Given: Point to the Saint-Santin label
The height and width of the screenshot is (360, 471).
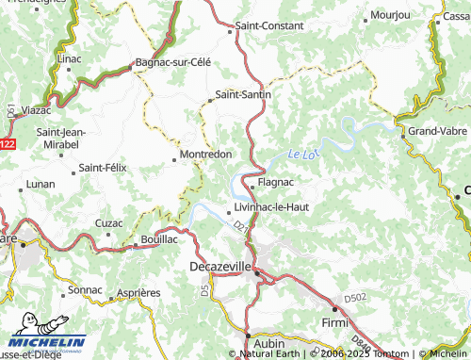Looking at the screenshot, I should coord(243,94).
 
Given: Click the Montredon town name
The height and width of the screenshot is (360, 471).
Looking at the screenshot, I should coord(206,154).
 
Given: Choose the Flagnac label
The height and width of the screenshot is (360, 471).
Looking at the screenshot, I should coord(275,182).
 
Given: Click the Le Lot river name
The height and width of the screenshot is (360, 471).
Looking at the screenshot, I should coord(300,154).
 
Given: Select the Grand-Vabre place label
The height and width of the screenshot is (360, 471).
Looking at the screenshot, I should coord(438,131).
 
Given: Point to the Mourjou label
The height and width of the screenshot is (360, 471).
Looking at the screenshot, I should coord(390,15).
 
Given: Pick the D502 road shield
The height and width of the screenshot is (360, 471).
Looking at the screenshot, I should coord(355,297).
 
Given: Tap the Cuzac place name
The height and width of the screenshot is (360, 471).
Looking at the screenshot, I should coord(108,223).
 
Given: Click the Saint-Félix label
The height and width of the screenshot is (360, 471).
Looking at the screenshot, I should coord(103,167).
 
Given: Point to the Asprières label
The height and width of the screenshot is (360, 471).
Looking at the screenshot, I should coord(138,293).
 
